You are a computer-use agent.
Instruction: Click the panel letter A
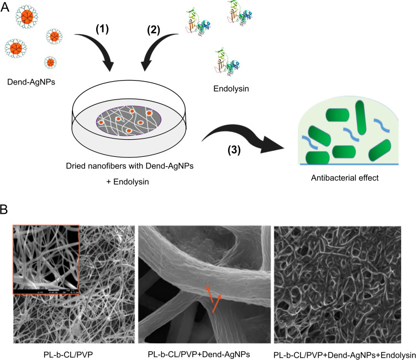point(6,7)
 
